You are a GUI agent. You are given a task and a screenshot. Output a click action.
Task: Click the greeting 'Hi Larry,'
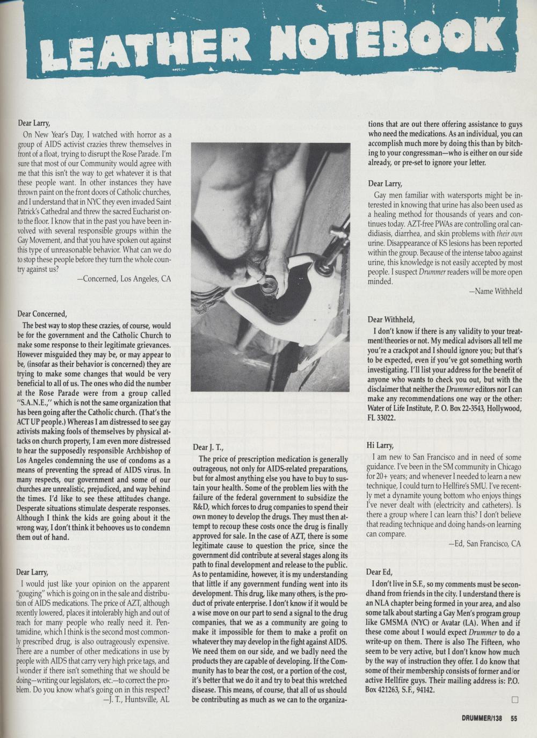(380, 445)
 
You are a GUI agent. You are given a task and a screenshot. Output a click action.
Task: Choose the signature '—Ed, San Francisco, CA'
(484, 544)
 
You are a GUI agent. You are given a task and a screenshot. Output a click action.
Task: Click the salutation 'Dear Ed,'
(379, 571)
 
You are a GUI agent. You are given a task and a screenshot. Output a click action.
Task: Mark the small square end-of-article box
(515, 699)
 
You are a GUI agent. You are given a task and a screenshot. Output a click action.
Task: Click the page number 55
(514, 718)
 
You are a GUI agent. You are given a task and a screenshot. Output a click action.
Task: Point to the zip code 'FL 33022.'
(382, 417)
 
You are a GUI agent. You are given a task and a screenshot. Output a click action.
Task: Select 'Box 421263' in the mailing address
(387, 691)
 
